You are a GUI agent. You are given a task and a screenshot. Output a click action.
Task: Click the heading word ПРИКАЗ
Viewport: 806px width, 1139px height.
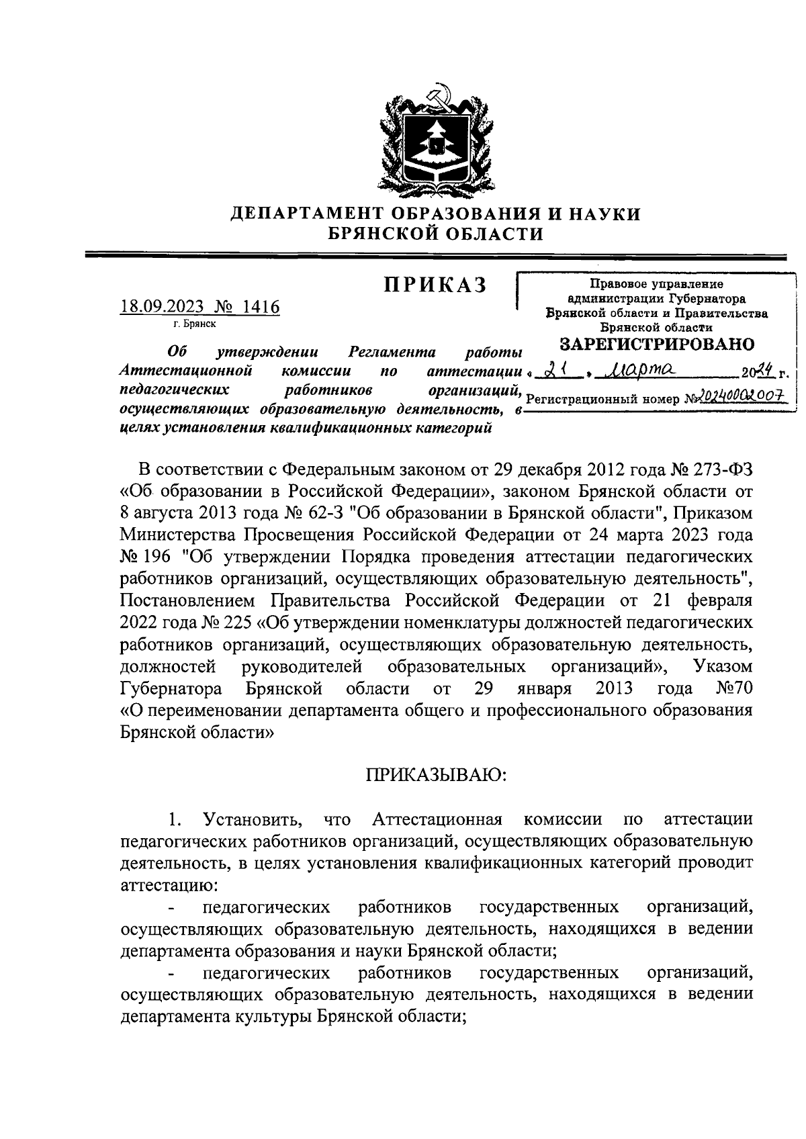click(435, 285)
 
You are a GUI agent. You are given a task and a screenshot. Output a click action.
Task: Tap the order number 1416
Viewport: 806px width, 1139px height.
click(261, 307)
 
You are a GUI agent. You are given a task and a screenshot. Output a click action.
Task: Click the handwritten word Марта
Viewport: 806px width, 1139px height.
click(638, 369)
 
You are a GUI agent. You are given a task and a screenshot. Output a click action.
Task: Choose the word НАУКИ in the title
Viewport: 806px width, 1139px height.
click(600, 214)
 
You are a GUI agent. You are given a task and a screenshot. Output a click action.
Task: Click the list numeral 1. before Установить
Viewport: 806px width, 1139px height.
click(175, 819)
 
